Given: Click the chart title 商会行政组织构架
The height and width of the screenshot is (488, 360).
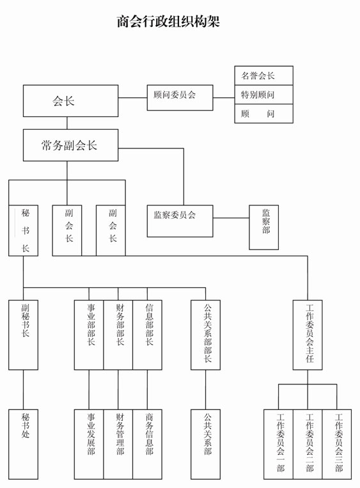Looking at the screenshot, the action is pos(168,22).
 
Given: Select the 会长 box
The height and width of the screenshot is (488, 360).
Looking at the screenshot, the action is pos(70,101).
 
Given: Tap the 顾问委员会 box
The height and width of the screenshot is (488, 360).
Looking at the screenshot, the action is pos(180,97).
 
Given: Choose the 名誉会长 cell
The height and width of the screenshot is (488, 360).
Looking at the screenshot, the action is pos(263,75).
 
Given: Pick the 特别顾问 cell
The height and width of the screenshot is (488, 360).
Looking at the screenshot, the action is pos(263,94).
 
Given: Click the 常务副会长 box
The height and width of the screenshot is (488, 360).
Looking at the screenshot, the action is pos(70,145).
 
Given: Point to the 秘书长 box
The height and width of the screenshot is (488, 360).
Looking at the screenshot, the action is pos(23,230).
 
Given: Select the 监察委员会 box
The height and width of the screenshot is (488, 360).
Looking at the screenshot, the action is pos(180,221).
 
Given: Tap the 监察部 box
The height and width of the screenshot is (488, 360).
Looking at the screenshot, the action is pos(263,227).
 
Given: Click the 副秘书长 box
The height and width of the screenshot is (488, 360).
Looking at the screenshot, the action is pos(23,335).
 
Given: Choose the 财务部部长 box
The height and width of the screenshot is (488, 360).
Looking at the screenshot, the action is pos(118,335).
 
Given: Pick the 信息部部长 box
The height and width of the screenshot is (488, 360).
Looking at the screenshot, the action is pos(147,335).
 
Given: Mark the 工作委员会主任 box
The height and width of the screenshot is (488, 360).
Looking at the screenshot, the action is pos(308,335).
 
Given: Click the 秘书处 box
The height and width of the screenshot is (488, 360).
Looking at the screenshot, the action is pos(23,444).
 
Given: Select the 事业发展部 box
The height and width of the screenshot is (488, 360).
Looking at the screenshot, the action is pos(89,444).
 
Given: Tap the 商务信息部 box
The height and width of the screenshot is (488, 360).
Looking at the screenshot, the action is pos(147,444).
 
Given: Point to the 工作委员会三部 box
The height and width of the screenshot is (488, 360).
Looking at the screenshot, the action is pos(337,444).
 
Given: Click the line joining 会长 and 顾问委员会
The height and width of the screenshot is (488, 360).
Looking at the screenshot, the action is pos(132,98).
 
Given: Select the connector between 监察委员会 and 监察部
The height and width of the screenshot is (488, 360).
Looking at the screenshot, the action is pos(231,218).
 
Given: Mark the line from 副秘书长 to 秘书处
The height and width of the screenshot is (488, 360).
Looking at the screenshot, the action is pos(23,390).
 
